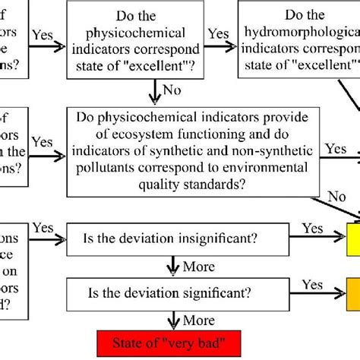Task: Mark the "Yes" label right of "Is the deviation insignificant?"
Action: [313, 229]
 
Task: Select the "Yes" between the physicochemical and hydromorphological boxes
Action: [219, 35]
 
